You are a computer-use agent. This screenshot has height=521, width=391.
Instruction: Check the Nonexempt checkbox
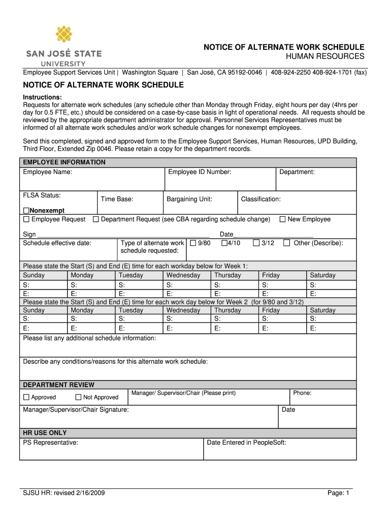tap(26, 211)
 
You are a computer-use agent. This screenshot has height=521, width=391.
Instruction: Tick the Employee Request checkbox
tap(26, 219)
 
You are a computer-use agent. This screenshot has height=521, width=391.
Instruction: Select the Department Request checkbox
tap(95, 219)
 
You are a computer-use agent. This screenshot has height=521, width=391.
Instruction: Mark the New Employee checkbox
tap(282, 219)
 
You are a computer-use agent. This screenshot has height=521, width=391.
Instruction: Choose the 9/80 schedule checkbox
tap(193, 243)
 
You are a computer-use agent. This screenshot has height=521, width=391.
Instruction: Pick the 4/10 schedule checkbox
tap(224, 243)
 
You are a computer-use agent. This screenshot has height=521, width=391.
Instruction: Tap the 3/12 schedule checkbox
tap(256, 243)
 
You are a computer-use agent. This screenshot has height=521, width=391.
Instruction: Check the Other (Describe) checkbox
tap(287, 243)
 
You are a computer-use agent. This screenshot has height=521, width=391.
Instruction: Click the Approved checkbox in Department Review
tap(26, 397)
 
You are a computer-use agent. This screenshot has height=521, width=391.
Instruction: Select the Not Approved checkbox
tap(78, 397)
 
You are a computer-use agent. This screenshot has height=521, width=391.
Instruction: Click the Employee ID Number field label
tap(200, 172)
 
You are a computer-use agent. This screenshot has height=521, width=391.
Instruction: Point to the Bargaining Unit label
tap(189, 199)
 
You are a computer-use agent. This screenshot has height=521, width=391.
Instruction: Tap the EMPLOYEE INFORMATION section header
tap(64, 162)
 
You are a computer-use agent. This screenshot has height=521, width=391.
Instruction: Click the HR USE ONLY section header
tap(45, 433)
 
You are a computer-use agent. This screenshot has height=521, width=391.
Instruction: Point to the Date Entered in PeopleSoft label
tap(246, 443)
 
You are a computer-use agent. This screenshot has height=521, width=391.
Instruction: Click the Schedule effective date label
tap(57, 243)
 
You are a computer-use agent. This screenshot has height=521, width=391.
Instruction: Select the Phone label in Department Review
tap(302, 393)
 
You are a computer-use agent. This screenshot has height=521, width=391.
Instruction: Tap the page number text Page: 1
tap(339, 494)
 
